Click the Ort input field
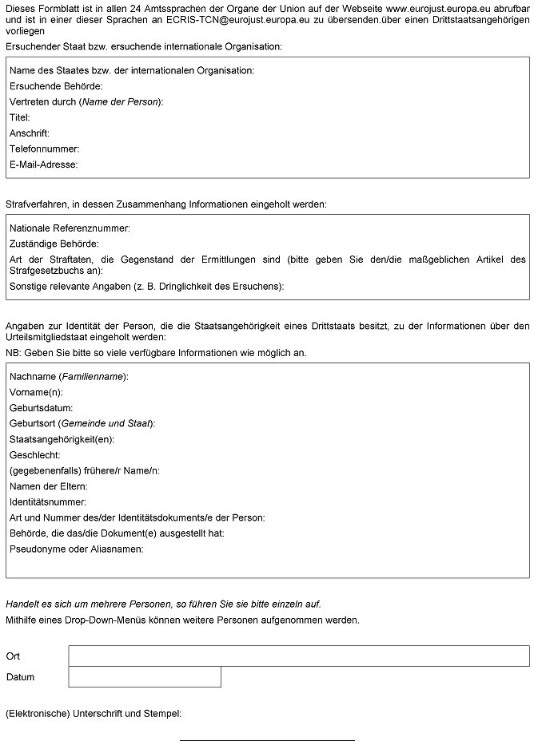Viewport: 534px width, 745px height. click(x=298, y=656)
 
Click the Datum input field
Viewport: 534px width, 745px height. click(x=144, y=677)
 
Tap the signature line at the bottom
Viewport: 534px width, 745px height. click(x=266, y=739)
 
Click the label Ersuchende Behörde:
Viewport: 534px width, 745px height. click(x=56, y=86)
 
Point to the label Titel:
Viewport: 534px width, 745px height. click(x=20, y=117)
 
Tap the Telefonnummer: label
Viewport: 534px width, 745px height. click(x=45, y=149)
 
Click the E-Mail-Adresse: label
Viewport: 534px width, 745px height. click(x=44, y=164)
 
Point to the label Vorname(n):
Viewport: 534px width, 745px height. click(x=36, y=392)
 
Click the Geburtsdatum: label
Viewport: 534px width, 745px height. click(x=42, y=408)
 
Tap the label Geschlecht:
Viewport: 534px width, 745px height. click(x=35, y=454)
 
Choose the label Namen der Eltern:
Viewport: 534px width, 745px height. click(x=49, y=486)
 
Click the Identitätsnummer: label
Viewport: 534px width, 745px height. click(x=47, y=501)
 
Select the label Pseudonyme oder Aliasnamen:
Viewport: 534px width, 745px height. click(x=77, y=549)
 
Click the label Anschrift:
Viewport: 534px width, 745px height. click(x=30, y=133)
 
